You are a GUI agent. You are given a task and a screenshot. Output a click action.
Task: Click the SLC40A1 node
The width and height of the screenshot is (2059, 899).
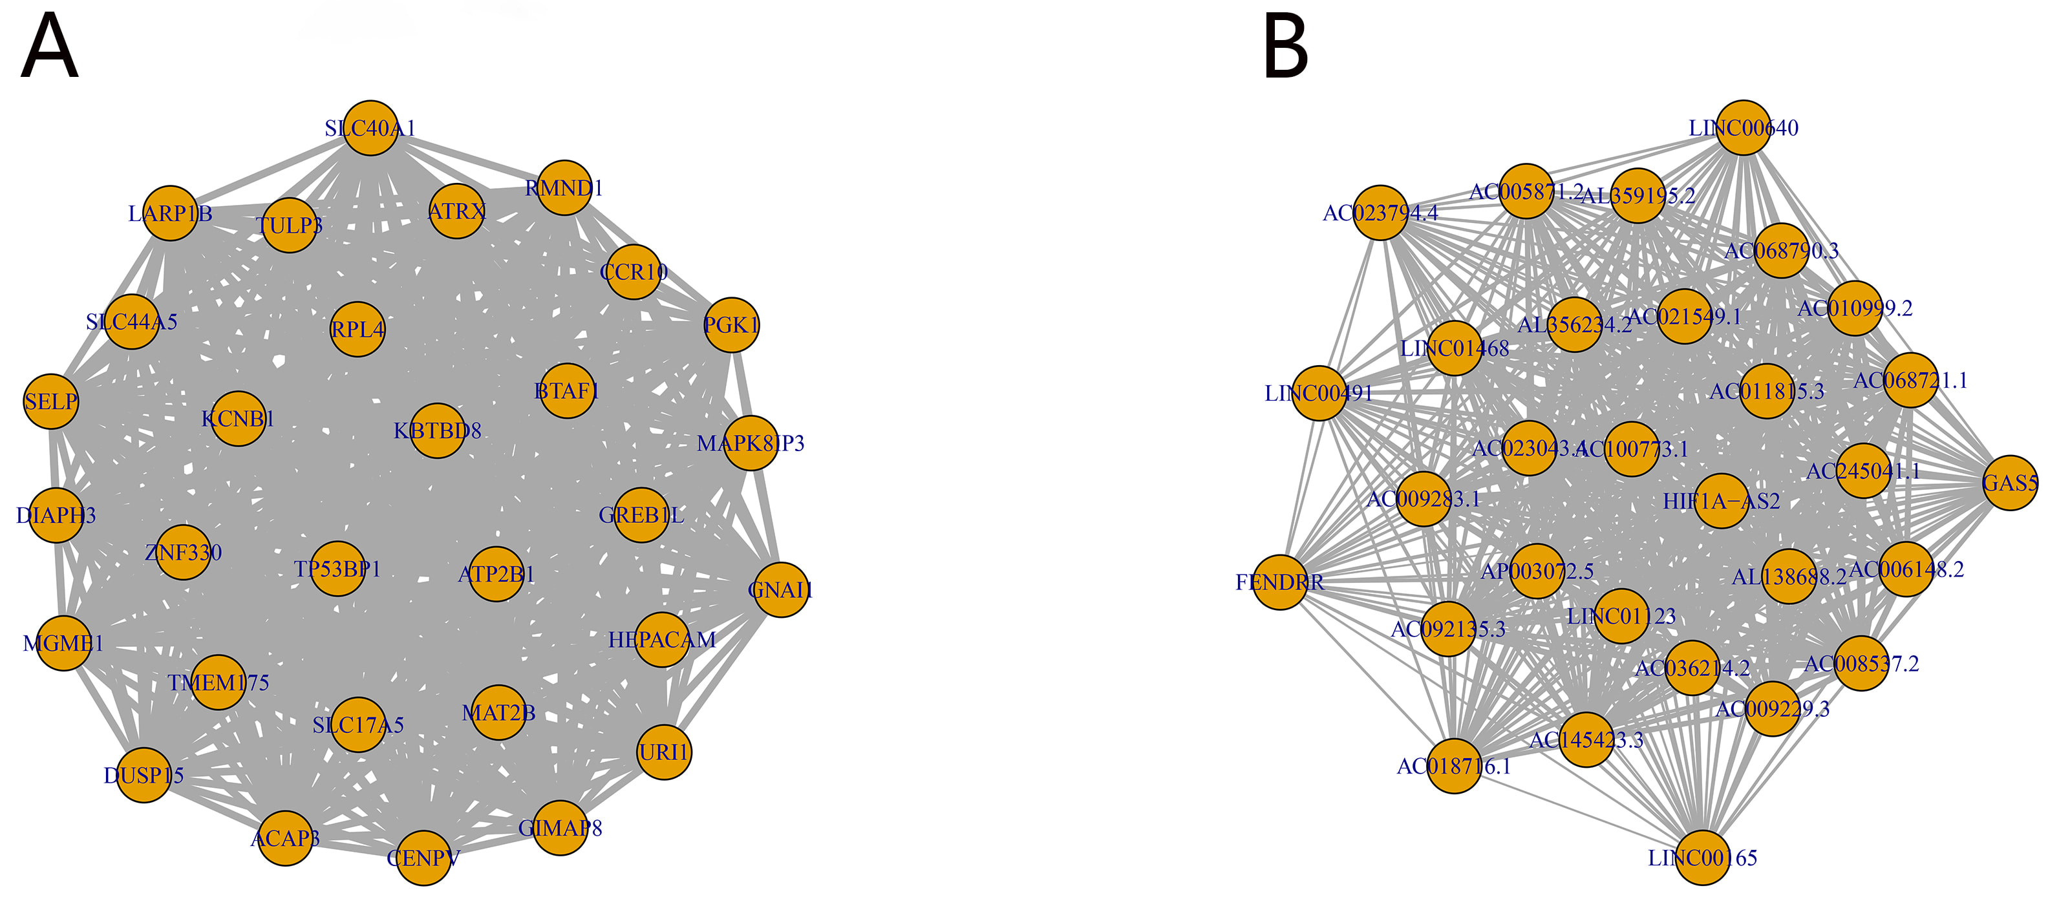pos(371,128)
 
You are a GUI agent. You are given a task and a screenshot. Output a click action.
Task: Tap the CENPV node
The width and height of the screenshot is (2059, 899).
pos(423,858)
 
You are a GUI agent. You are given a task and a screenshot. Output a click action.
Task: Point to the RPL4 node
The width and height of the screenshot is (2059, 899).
pos(358,329)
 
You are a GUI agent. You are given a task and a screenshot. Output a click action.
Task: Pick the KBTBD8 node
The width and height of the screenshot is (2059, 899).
pos(437,430)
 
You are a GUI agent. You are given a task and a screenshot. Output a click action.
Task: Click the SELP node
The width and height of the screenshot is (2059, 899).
pos(51,401)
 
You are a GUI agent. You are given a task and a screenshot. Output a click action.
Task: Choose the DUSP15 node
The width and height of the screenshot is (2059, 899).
pos(144,775)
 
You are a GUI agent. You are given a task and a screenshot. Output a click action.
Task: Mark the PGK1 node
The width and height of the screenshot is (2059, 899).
pos(731,325)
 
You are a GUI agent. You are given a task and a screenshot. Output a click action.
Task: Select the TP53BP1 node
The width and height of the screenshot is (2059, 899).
pos(337,569)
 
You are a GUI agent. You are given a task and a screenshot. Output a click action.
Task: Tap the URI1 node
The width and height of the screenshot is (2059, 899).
pos(664,752)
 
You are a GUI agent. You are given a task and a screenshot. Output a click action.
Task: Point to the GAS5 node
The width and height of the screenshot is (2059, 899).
pos(2011,483)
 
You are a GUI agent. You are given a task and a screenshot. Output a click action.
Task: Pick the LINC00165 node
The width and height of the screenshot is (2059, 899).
pos(1703,858)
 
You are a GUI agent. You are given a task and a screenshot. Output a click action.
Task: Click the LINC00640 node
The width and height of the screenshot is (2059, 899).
pos(1744,128)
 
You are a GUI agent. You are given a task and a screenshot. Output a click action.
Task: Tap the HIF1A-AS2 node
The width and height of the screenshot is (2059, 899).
pos(1721,501)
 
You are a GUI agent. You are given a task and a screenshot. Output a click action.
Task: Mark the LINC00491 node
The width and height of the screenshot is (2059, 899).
pos(1319,393)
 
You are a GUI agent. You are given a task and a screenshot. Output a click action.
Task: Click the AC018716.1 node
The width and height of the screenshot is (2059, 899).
pos(1454,767)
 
